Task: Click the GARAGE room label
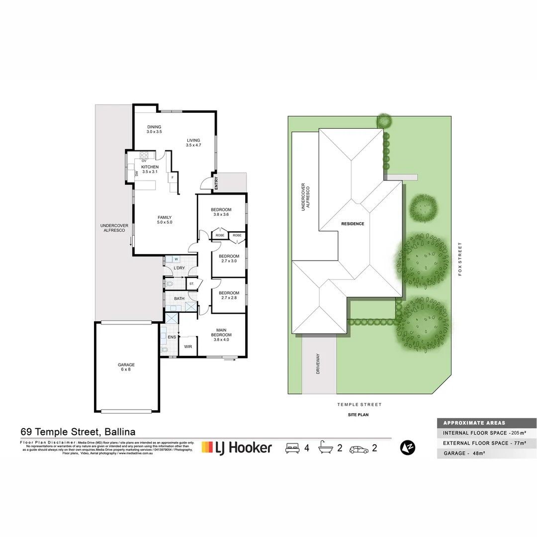126,364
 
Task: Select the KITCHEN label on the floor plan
150,167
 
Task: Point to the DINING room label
154,127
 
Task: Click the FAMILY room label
165,217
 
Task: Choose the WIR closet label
188,347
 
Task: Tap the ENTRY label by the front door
216,183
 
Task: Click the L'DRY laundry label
179,268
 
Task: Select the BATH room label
179,299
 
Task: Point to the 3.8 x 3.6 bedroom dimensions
221,215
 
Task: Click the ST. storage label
191,284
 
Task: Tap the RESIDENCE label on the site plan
353,224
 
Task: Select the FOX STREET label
460,259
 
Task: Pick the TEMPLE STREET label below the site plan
359,405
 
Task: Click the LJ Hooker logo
237,447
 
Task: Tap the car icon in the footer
358,448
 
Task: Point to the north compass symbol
408,447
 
